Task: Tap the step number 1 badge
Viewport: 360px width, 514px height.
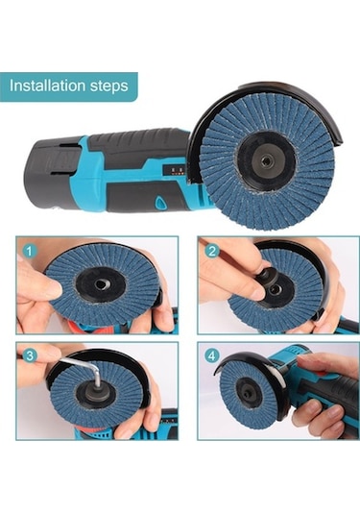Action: (x=30, y=252)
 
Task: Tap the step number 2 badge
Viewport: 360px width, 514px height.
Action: (x=212, y=252)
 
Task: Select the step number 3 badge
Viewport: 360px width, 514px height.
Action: (x=30, y=355)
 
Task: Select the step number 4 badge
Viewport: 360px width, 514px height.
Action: (x=212, y=355)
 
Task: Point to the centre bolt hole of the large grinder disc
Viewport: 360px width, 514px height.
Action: (x=265, y=161)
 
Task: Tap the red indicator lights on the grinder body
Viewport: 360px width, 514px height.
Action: (x=175, y=170)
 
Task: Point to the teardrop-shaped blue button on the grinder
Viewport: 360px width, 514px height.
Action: (x=160, y=202)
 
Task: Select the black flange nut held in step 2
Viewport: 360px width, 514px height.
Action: (x=267, y=278)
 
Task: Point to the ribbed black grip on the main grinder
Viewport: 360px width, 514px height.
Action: (x=137, y=144)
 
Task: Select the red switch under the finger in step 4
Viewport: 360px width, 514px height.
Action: (x=321, y=373)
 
